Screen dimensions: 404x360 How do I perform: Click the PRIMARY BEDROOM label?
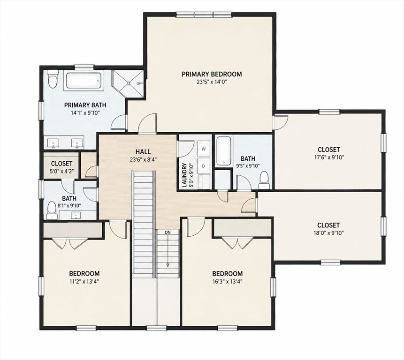click(x=212, y=74)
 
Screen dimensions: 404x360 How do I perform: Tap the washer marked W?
click(x=204, y=149)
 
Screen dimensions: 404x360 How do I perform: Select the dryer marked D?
click(x=204, y=166)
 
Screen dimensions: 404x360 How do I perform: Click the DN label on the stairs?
click(x=168, y=232)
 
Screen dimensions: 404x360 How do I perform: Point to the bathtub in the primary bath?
click(x=84, y=81)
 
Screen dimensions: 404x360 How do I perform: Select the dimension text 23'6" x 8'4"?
click(x=143, y=159)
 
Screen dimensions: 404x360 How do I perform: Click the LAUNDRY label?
click(x=184, y=175)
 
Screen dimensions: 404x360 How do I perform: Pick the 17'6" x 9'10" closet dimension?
click(x=329, y=157)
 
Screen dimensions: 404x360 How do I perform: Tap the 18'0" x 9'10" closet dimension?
click(x=328, y=233)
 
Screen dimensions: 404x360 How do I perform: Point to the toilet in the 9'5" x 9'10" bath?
click(x=264, y=180)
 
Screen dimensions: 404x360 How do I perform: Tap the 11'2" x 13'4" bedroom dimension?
click(x=84, y=281)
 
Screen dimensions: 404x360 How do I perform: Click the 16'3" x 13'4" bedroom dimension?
click(x=227, y=281)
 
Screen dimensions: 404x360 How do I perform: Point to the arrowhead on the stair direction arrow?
click(x=168, y=265)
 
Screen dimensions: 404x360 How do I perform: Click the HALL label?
click(x=143, y=152)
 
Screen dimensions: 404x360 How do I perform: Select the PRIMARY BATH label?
click(x=85, y=105)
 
